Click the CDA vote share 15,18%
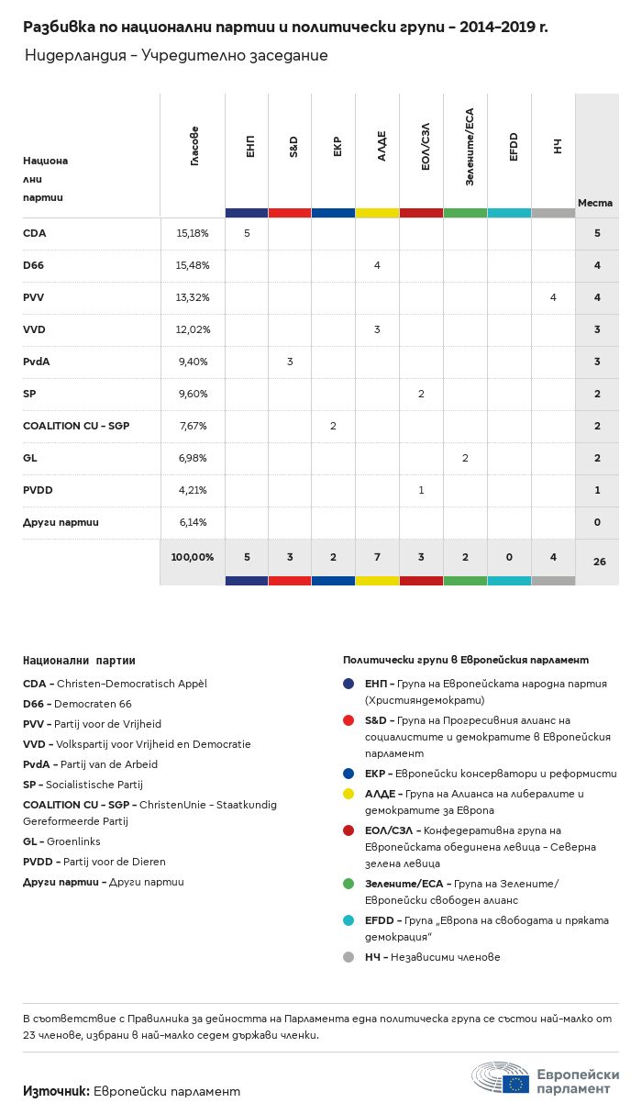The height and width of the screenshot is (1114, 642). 193,234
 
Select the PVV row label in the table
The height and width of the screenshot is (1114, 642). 34,297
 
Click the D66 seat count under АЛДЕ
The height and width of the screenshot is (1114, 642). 377,265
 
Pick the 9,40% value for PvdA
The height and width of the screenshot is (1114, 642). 193,362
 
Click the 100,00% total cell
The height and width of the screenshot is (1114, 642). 193,557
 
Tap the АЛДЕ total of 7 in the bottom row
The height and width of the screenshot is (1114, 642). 377,557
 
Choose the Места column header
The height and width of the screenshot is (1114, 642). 595,203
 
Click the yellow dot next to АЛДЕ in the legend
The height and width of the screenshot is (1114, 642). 349,794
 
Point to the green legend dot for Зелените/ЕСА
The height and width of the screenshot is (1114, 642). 349,884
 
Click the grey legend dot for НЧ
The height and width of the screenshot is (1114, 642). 349,957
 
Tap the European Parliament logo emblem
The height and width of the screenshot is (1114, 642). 501,1079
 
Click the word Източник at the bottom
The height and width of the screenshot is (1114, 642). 56,1091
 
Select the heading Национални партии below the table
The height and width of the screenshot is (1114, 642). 79,660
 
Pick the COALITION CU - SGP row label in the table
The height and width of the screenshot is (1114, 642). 75,426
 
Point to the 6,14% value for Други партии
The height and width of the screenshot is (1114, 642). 193,522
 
